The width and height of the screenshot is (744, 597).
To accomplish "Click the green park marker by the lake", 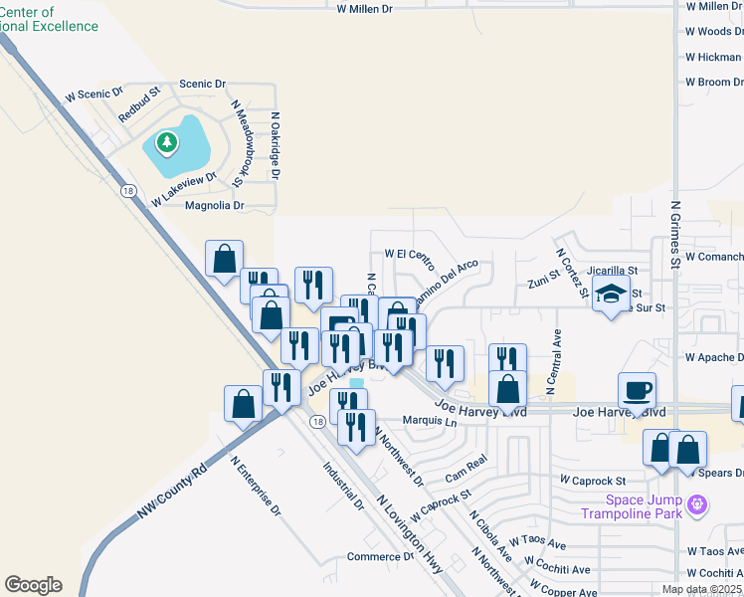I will (x=167, y=144).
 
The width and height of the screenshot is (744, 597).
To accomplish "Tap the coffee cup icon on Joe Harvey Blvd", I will (x=637, y=389).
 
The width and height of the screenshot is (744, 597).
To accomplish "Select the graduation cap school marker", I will (x=611, y=296).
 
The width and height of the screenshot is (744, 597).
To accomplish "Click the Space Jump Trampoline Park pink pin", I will (x=697, y=504).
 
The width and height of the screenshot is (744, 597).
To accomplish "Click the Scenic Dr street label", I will (x=203, y=85).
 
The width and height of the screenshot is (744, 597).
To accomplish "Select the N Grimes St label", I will (x=674, y=235).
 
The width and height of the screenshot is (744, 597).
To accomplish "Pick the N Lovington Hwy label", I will (x=411, y=527).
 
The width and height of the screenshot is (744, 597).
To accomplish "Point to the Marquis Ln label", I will (x=429, y=422).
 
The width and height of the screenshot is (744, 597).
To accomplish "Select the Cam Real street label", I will (x=465, y=466).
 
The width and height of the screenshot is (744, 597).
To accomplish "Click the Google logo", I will (x=33, y=585).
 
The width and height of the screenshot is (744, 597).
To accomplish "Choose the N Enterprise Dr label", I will (x=257, y=493).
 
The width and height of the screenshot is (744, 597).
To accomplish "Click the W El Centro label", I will (x=410, y=256).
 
